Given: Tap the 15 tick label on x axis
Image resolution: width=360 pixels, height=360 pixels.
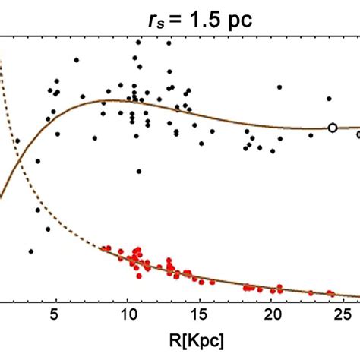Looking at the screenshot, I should [x=201, y=314].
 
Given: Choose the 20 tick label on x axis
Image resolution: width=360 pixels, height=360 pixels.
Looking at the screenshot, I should [x=273, y=314].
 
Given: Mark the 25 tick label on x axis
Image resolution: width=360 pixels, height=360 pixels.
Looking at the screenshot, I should [x=346, y=314].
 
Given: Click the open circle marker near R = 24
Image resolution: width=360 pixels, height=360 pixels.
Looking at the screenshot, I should [x=332, y=128].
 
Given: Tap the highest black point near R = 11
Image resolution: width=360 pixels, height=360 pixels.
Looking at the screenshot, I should [x=137, y=43].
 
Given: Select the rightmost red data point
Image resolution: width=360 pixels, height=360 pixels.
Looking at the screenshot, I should [x=330, y=292].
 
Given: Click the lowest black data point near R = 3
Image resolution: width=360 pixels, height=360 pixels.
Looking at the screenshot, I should [x=31, y=251].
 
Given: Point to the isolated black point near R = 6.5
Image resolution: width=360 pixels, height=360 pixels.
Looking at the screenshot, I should [x=76, y=60].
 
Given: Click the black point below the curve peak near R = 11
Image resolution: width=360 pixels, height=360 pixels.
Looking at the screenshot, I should [x=138, y=172].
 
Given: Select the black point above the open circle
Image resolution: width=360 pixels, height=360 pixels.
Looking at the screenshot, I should [x=329, y=99].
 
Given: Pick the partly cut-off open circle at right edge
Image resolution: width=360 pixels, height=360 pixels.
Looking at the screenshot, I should [x=358, y=134].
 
